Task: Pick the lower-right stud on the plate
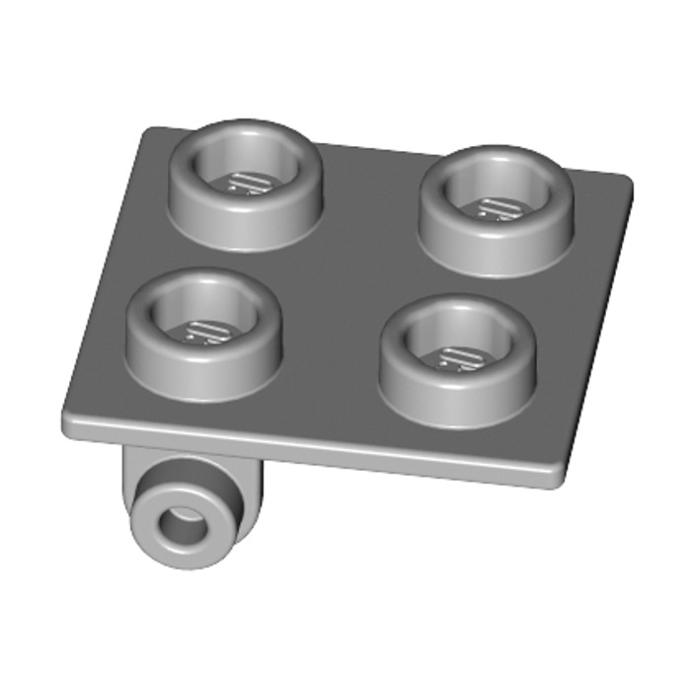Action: click(x=457, y=359)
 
